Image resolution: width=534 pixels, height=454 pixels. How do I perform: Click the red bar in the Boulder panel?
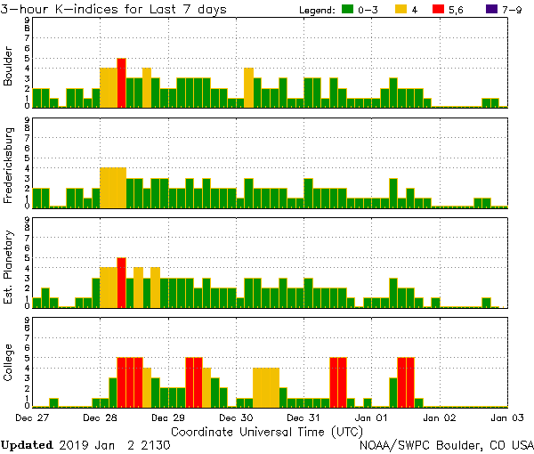pyautogui.click(x=121, y=83)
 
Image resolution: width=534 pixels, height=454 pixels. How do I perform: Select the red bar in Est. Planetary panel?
pyautogui.click(x=121, y=282)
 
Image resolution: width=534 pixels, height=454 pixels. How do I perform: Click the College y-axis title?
pyautogui.click(x=10, y=363)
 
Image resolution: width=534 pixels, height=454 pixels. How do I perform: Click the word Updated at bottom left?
pyautogui.click(x=27, y=444)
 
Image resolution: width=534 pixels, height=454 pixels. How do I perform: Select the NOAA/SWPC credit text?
pyautogui.click(x=445, y=444)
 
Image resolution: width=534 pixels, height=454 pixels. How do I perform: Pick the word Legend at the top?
pyautogui.click(x=313, y=10)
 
